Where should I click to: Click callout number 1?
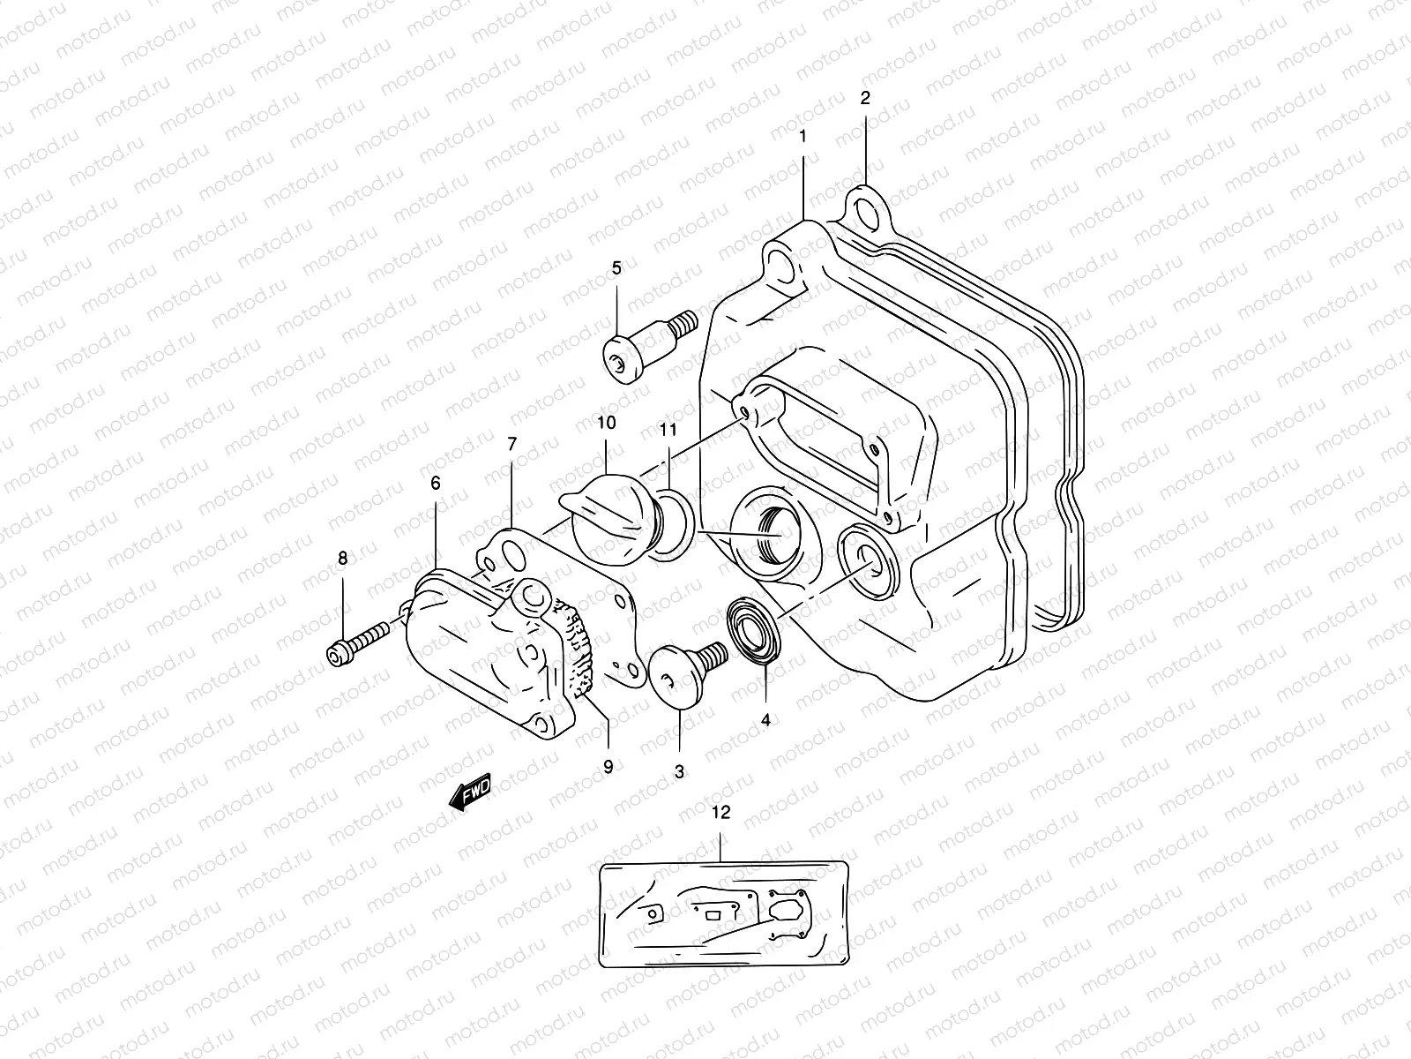803,137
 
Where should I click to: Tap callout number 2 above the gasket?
865,99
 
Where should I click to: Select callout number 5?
616,267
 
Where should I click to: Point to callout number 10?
606,424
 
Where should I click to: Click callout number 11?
668,430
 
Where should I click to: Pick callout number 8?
342,558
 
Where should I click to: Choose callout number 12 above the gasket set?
720,813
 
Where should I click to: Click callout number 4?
765,720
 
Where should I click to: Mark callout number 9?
608,767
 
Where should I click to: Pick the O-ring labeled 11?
672,526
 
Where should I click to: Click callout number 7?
511,444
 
